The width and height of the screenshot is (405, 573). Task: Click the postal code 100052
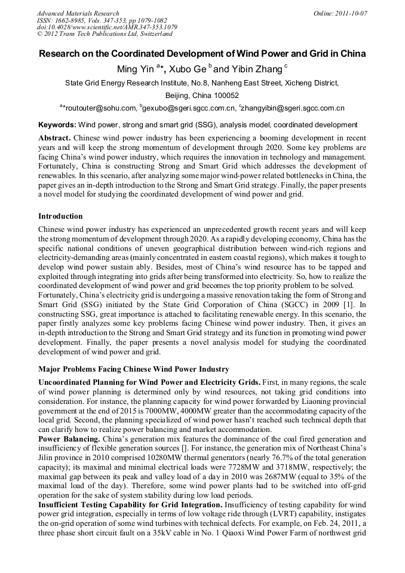(x=226, y=95)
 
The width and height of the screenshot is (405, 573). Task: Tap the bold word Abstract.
(x=54, y=137)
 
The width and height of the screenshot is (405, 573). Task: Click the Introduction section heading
(x=60, y=216)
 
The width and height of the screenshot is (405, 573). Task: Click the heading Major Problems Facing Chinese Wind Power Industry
(x=134, y=369)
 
